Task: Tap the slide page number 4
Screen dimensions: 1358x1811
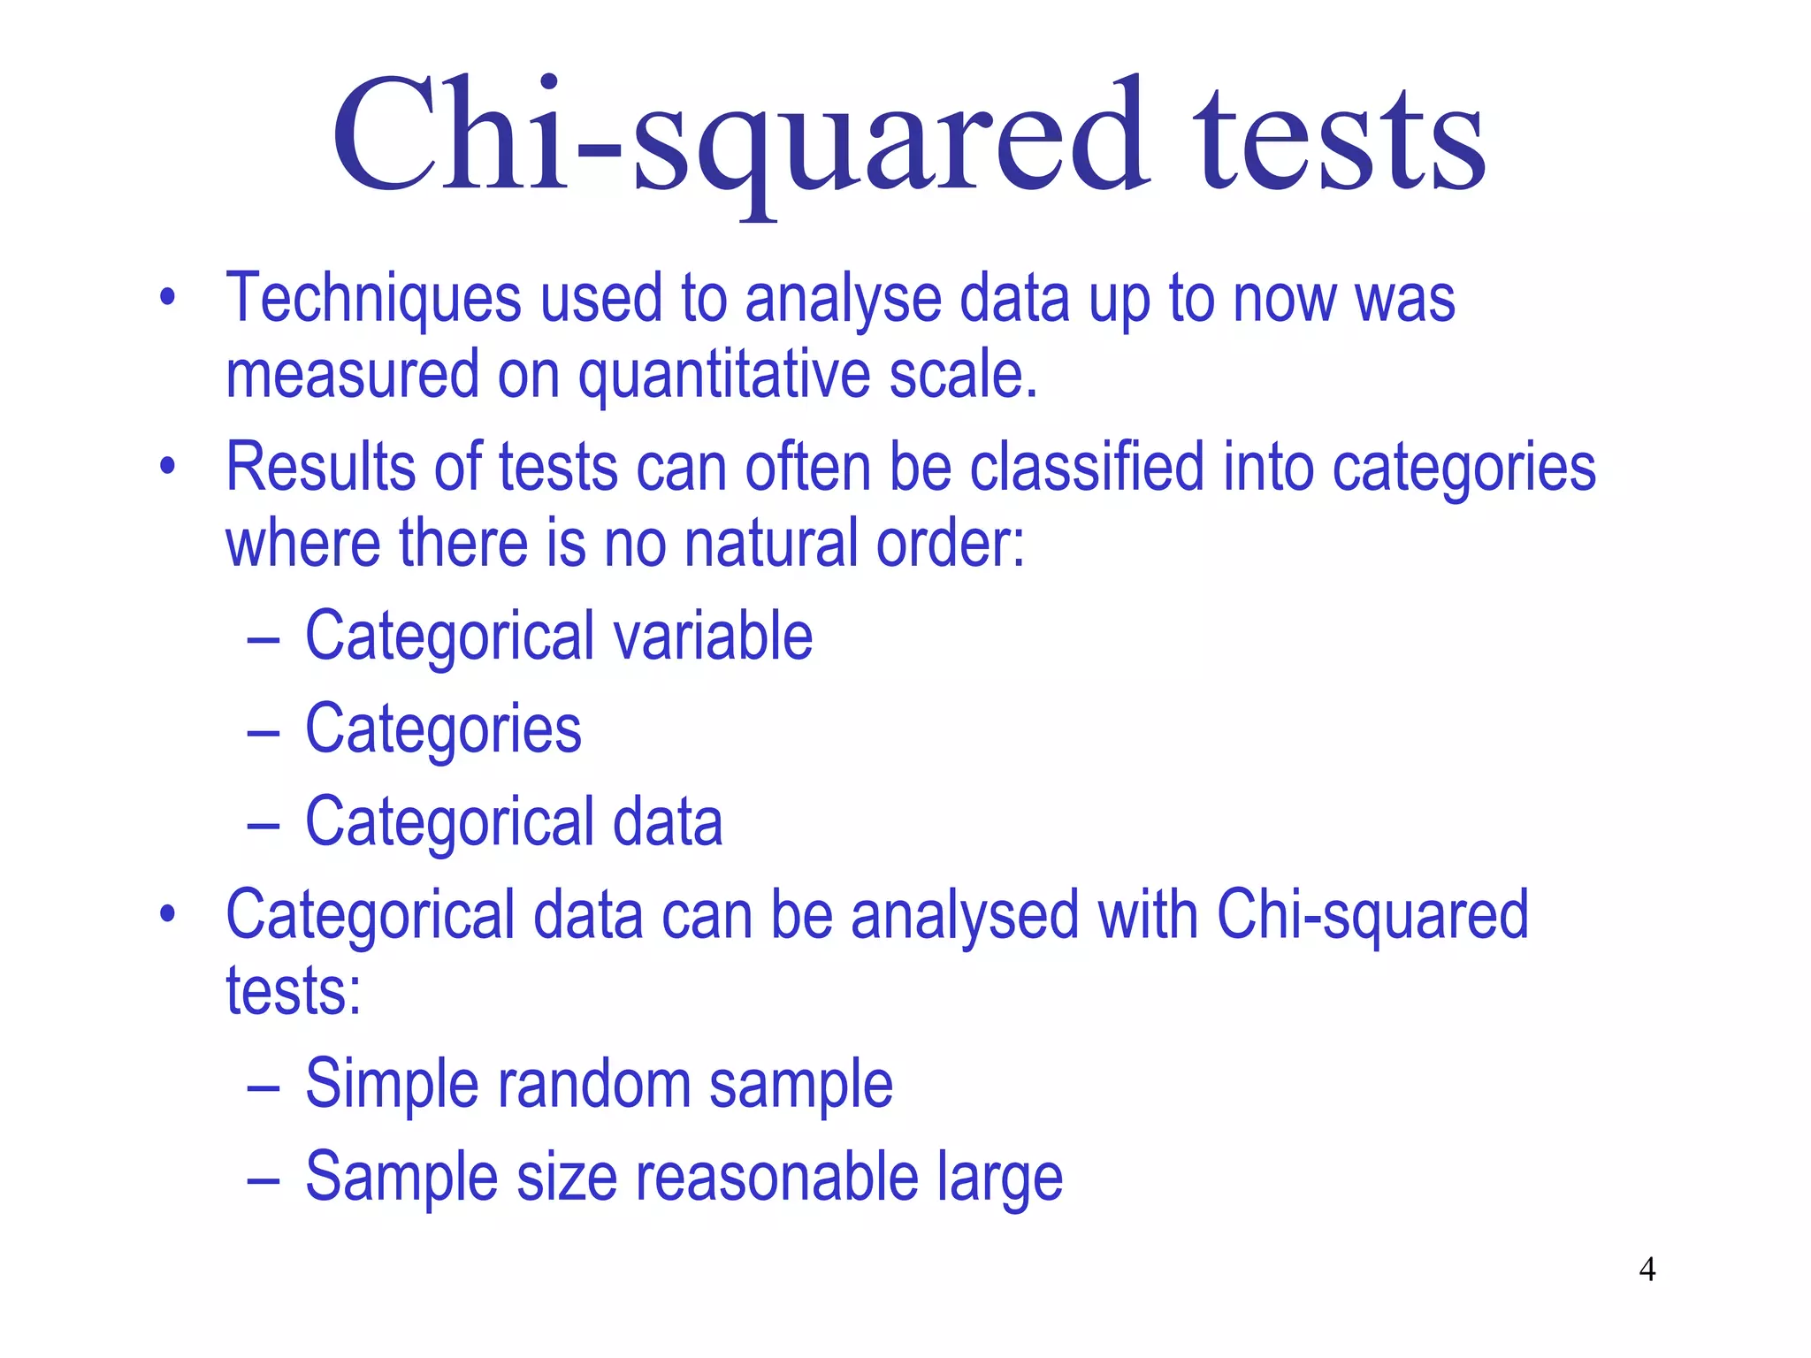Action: [x=1647, y=1270]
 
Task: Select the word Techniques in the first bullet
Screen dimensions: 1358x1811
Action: [x=373, y=299]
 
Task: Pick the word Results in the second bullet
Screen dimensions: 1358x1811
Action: [x=320, y=467]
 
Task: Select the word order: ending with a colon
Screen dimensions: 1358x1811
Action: [x=950, y=543]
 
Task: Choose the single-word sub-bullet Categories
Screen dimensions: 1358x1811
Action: [x=443, y=730]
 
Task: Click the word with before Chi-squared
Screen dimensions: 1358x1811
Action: [x=1148, y=915]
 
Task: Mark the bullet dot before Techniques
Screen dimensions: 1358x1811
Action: [x=167, y=297]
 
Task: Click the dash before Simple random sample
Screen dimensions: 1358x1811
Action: [x=264, y=1087]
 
